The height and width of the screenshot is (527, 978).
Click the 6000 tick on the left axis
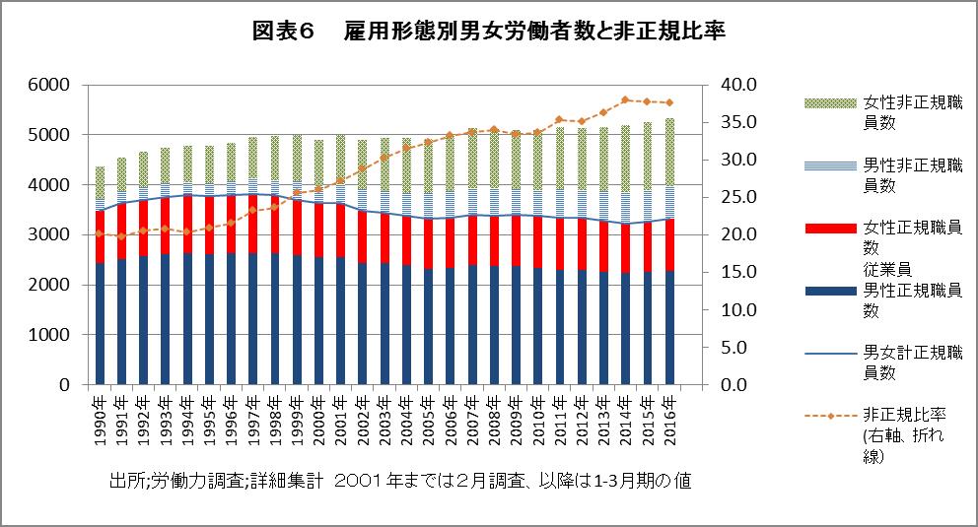(x=48, y=85)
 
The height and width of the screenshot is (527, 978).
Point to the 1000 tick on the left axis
(x=48, y=335)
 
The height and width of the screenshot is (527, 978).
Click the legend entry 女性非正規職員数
(x=913, y=111)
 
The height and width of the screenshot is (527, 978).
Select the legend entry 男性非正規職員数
(x=913, y=175)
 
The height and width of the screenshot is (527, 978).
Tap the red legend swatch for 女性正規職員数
(x=829, y=228)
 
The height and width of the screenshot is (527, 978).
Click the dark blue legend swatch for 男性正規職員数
(x=829, y=292)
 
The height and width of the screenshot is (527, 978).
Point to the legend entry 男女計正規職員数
(x=913, y=361)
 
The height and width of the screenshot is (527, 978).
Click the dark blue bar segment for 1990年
(x=101, y=325)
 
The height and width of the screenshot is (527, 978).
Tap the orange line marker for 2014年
(x=626, y=99)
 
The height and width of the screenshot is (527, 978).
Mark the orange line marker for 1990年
(x=101, y=233)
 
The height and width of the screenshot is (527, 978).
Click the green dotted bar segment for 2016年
(x=670, y=152)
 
